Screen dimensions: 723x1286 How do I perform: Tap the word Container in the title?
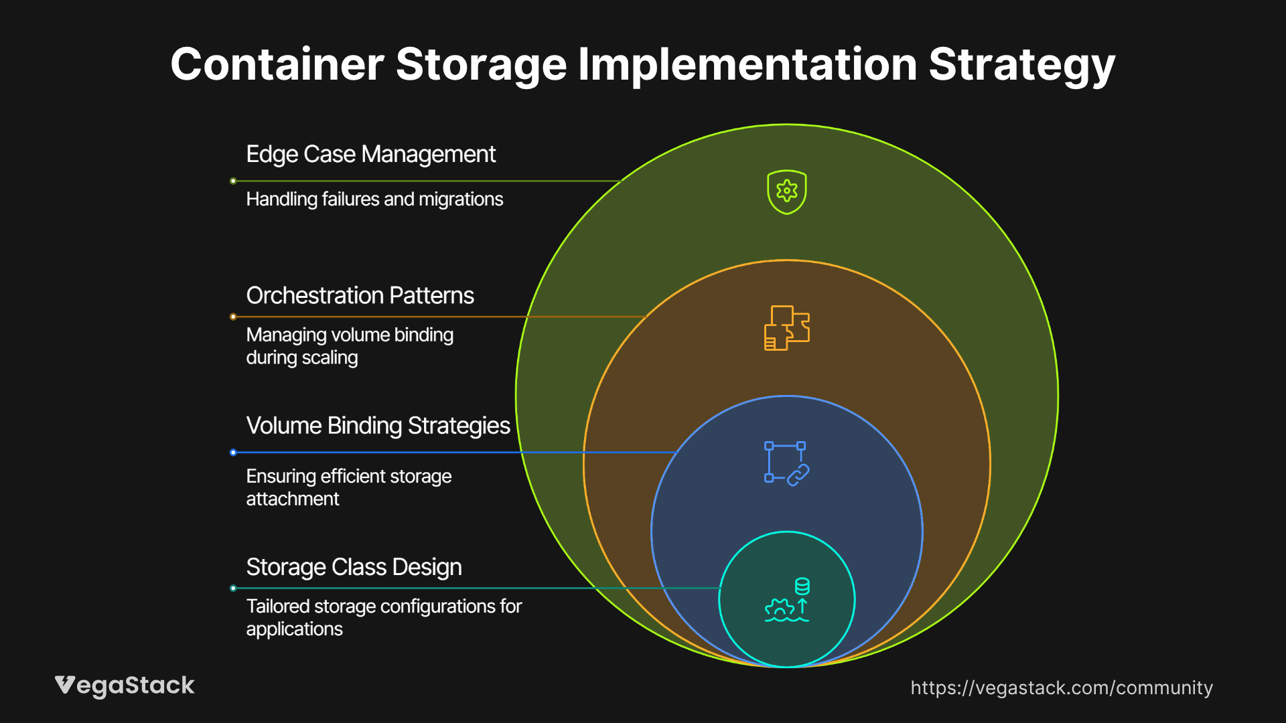277,65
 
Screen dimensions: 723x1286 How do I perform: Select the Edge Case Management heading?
370,155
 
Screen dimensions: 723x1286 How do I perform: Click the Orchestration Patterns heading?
360,296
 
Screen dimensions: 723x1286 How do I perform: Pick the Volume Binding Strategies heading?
378,426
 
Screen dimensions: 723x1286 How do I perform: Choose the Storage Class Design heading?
354,568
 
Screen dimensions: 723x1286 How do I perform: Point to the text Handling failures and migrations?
374,199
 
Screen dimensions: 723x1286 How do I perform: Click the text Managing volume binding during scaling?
350,346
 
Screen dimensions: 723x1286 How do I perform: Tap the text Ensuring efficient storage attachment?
348,487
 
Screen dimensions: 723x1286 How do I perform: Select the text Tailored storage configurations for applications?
383,617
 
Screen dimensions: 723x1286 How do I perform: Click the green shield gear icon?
786,192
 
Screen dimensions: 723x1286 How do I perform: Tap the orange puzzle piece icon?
786,328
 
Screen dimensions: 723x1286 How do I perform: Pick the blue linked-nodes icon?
786,463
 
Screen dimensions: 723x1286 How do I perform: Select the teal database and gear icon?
786,600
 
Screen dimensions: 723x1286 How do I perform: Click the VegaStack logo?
125,686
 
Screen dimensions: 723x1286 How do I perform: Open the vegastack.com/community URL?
1061,688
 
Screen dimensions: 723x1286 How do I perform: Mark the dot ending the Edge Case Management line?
233,181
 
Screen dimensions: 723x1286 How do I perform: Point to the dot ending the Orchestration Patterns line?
233,317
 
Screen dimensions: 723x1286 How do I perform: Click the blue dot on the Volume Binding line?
233,453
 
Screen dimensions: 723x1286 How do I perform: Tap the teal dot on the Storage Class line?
233,588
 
